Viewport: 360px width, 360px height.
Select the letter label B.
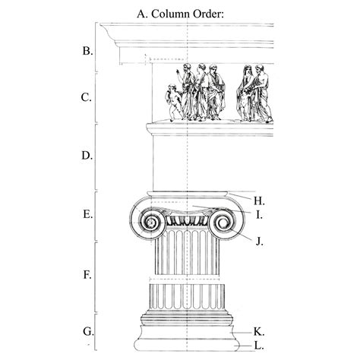point(87,52)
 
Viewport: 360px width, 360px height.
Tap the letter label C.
point(87,97)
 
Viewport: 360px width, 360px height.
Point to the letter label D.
point(87,156)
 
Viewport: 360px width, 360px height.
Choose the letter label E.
point(87,214)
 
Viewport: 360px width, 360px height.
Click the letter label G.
point(87,331)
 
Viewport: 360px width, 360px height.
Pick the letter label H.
point(258,201)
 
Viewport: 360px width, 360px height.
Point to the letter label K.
point(258,332)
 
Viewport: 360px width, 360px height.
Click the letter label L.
point(258,346)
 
